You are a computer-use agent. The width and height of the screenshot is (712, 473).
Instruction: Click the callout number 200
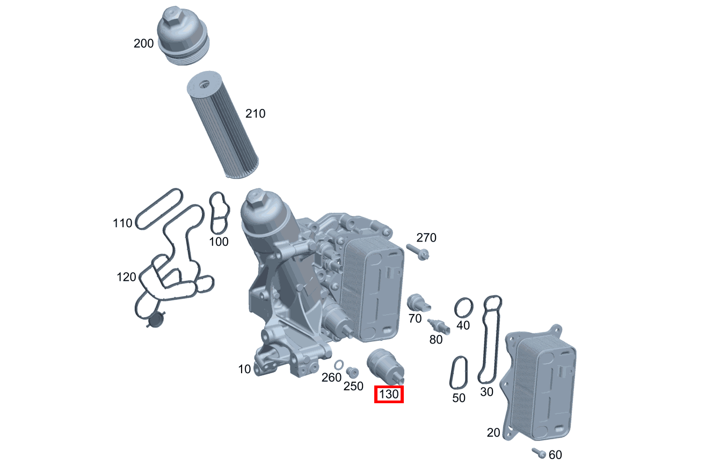[x=143, y=43]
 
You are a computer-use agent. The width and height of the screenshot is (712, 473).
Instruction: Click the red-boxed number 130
[x=389, y=395]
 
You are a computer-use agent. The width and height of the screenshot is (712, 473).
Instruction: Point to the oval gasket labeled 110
[x=159, y=208]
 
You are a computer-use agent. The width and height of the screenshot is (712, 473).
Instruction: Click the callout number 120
[x=127, y=277]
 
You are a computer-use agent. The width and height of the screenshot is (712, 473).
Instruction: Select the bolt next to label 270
[x=416, y=251]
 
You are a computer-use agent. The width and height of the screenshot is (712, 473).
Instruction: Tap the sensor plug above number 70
[x=417, y=303]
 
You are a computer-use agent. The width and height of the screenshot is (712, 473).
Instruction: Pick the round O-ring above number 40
[x=464, y=308]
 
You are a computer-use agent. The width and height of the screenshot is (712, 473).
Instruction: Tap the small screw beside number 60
[x=539, y=453]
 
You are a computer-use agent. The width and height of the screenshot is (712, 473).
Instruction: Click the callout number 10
[x=244, y=369]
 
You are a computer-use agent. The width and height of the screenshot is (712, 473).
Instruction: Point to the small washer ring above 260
[x=339, y=366]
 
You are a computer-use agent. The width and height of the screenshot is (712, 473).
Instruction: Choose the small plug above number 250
[x=352, y=372]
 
